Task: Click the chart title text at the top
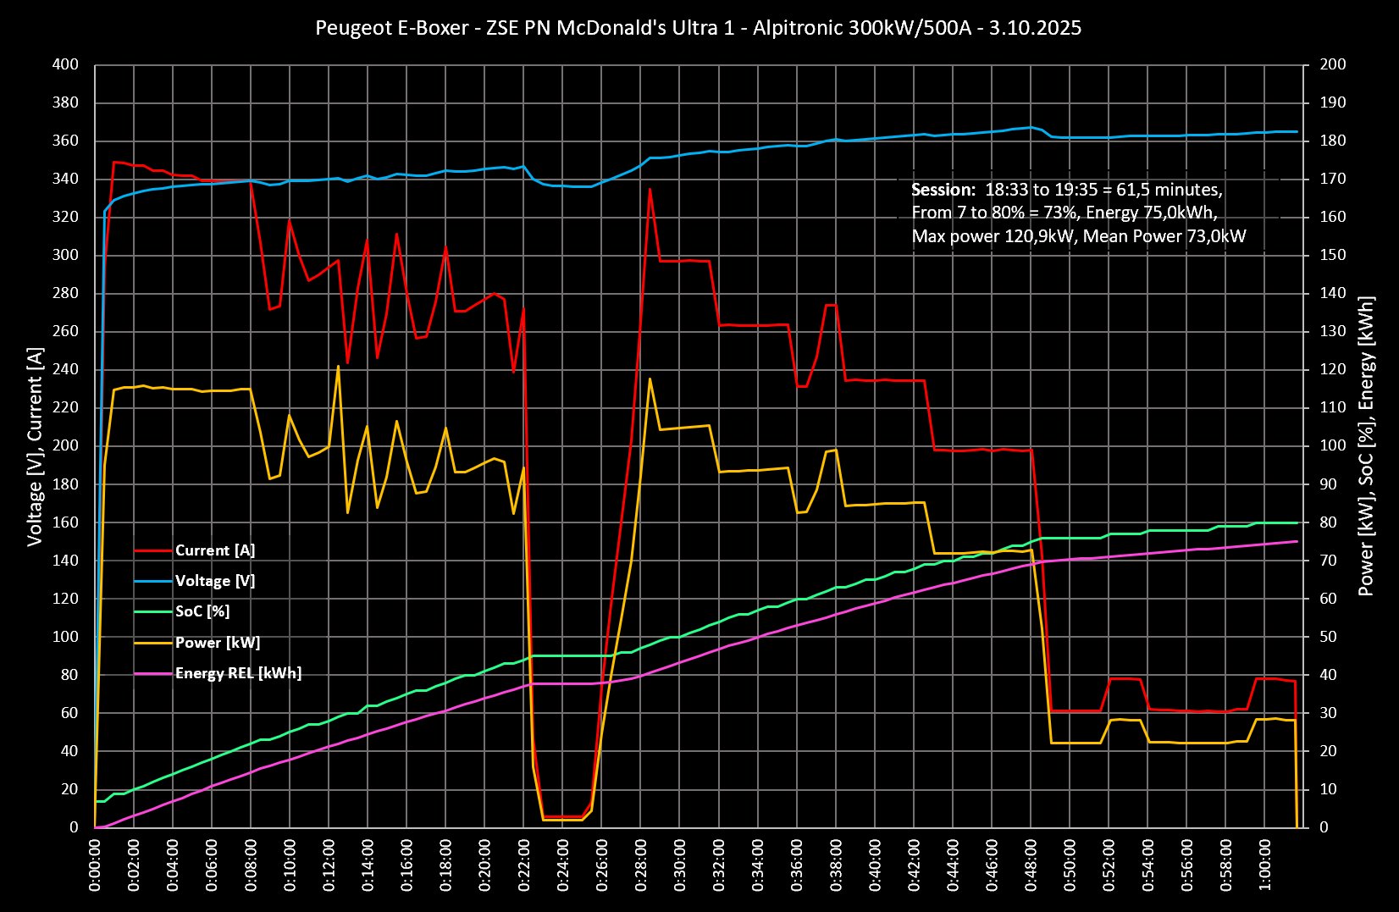(x=698, y=28)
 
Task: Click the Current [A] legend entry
(x=214, y=550)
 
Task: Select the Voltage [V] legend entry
(x=214, y=581)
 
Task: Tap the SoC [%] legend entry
(x=202, y=611)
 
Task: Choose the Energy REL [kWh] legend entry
(x=238, y=673)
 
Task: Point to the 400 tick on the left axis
(x=64, y=64)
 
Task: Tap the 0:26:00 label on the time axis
(x=603, y=865)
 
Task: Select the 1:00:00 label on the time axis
(x=1266, y=865)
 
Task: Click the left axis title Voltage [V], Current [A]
(x=35, y=445)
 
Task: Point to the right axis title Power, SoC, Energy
(x=1366, y=445)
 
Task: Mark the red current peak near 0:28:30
(x=650, y=189)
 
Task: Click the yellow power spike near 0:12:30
(x=338, y=367)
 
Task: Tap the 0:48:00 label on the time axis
(x=1032, y=865)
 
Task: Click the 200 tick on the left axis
(x=64, y=445)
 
